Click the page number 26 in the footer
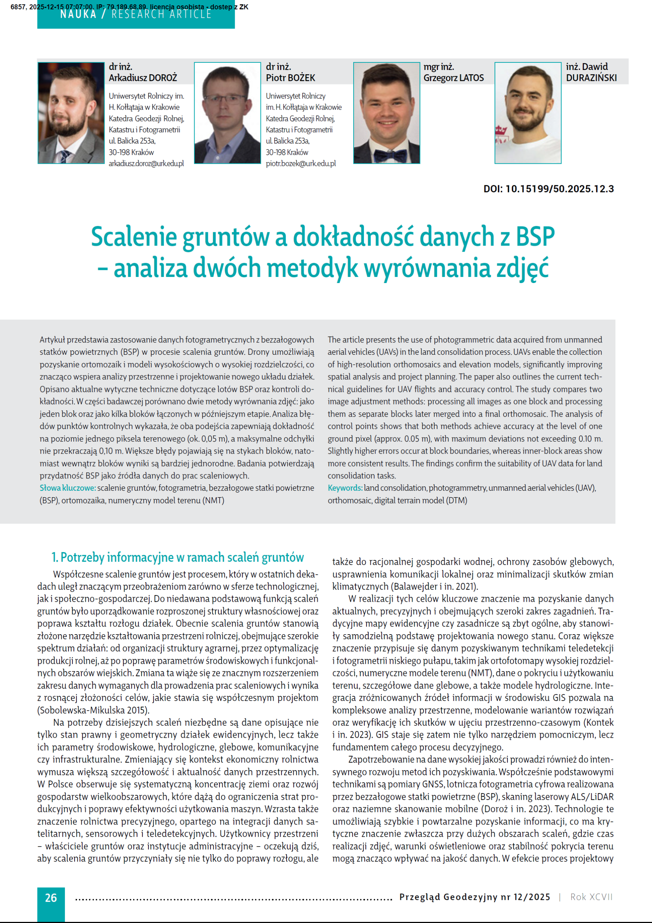(x=51, y=897)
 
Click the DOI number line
(x=548, y=189)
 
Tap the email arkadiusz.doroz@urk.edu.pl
(x=146, y=164)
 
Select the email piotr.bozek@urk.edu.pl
(x=301, y=164)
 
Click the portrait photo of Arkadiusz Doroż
(x=71, y=113)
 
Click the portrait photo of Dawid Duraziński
(x=527, y=113)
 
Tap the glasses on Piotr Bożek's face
(x=227, y=99)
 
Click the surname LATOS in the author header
(x=471, y=78)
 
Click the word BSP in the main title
(x=535, y=237)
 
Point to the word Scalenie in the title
(x=134, y=237)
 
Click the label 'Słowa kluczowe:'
(x=67, y=488)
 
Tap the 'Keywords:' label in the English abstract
(x=345, y=488)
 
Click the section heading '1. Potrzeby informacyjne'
(x=177, y=557)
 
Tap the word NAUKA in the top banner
(x=78, y=15)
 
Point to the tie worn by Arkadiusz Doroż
(x=64, y=156)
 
